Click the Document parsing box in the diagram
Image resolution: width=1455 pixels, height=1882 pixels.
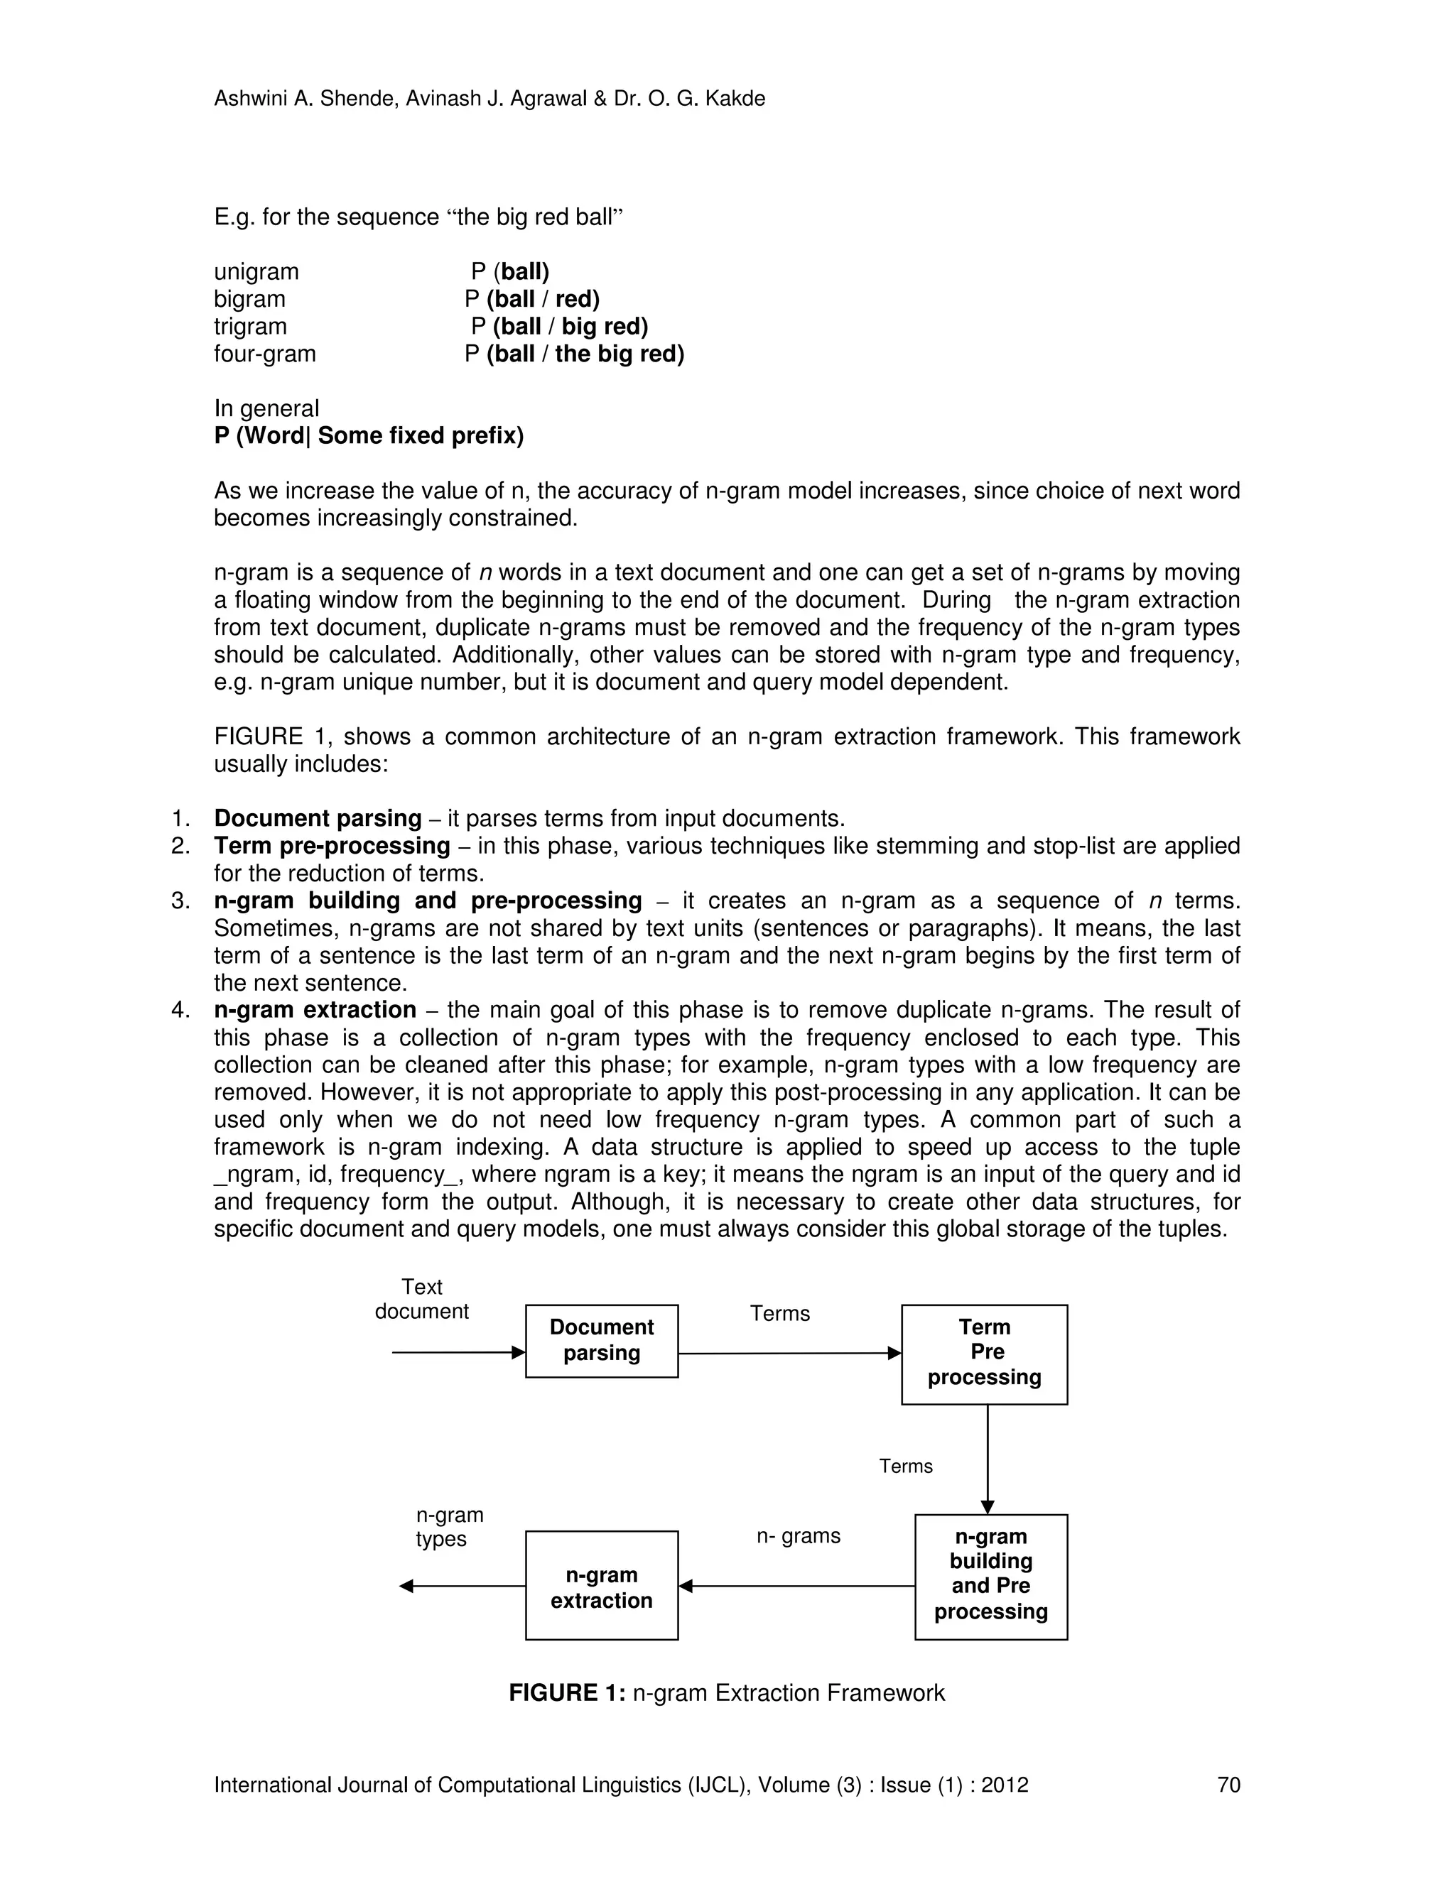pyautogui.click(x=602, y=1340)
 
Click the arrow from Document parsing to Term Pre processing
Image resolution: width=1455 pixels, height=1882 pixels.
pyautogui.click(x=789, y=1353)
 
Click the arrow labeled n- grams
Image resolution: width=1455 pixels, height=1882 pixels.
pyautogui.click(x=796, y=1586)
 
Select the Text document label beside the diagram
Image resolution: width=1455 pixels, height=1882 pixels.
pyautogui.click(x=421, y=1299)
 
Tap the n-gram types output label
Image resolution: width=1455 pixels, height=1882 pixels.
pyautogui.click(x=449, y=1527)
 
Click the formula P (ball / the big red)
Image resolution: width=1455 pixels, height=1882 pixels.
pyautogui.click(x=574, y=354)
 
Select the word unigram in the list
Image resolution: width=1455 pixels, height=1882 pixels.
pyautogui.click(x=256, y=272)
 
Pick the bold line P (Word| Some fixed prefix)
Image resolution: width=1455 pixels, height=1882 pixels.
pyautogui.click(x=369, y=436)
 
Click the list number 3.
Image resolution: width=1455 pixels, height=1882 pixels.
pyautogui.click(x=180, y=901)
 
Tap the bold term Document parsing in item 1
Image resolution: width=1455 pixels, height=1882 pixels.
pyautogui.click(x=317, y=819)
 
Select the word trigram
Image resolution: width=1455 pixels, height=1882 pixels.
pyautogui.click(x=250, y=327)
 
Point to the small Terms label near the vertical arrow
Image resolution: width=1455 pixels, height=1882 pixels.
pyautogui.click(x=905, y=1467)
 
